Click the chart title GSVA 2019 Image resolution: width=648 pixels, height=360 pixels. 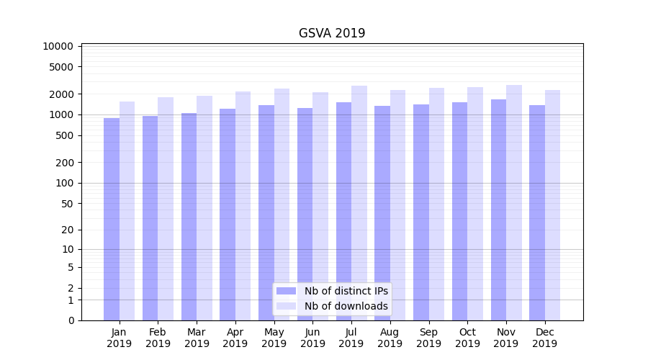point(332,34)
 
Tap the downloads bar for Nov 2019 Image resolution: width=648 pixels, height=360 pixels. point(514,202)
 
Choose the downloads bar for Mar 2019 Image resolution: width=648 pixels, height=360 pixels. point(204,208)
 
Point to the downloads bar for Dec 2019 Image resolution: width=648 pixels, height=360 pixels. point(553,205)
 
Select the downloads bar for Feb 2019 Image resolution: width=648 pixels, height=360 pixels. point(166,209)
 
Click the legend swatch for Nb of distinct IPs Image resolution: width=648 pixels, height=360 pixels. point(287,291)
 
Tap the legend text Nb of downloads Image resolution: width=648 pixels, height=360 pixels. point(346,306)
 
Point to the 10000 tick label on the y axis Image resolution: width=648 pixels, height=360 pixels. point(58,47)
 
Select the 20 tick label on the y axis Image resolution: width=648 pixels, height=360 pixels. point(67,230)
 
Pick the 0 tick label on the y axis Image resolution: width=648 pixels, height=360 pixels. point(71,320)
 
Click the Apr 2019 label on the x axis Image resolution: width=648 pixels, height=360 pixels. point(235,338)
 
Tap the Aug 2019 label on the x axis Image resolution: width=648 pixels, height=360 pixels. point(390,338)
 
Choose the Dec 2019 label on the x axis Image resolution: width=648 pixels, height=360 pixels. point(545,338)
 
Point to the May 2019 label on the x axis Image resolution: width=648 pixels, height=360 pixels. point(274,338)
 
